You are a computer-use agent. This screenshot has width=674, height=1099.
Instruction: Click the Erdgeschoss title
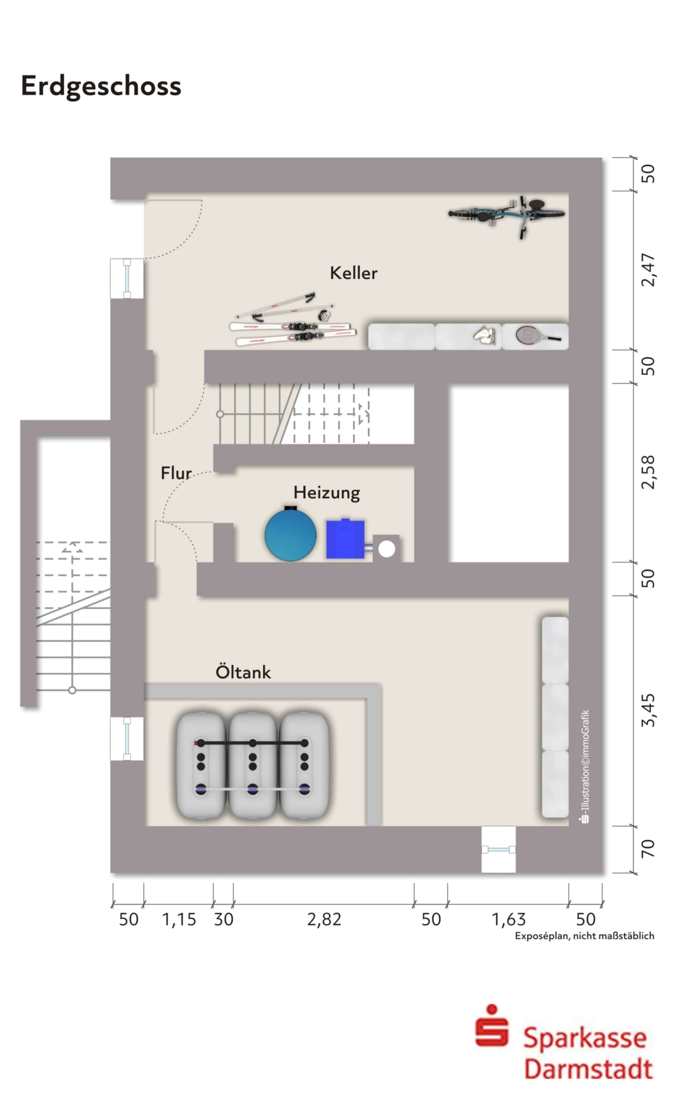coord(101,86)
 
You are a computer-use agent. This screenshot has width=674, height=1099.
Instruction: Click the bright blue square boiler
coord(345,539)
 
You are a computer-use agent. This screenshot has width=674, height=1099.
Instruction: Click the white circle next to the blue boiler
coord(386,549)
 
